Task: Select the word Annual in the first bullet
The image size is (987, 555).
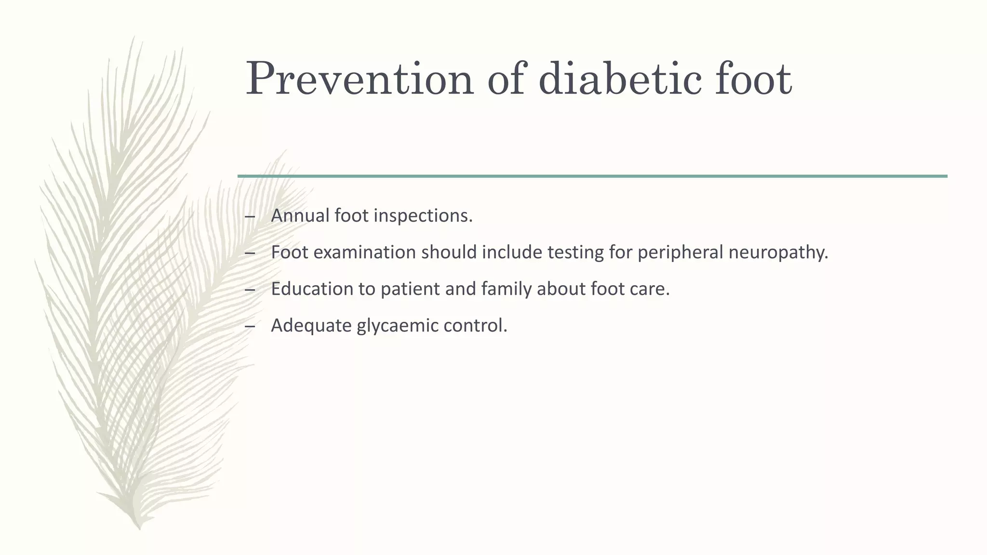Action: click(299, 216)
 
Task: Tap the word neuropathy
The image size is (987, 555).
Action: click(778, 252)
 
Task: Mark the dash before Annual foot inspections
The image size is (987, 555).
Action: click(250, 216)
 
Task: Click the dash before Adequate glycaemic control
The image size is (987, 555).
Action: click(250, 326)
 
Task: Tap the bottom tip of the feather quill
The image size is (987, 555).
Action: click(139, 528)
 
